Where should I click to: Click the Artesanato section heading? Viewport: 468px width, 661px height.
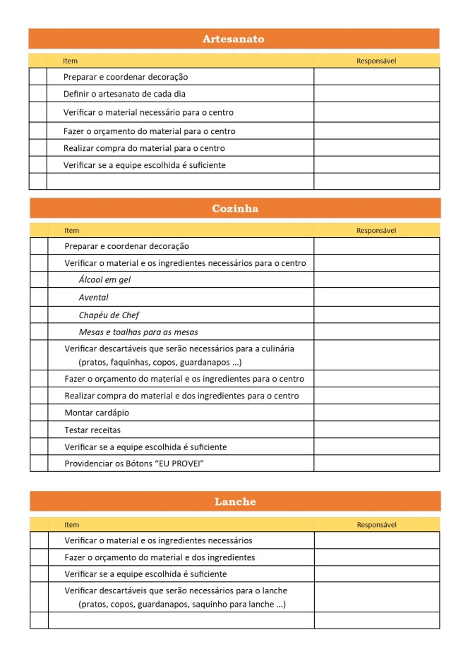click(x=233, y=39)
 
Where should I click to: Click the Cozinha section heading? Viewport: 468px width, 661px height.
click(x=234, y=208)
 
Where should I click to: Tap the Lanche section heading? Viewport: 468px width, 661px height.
click(x=234, y=502)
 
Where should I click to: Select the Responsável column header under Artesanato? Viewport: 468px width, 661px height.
click(x=376, y=61)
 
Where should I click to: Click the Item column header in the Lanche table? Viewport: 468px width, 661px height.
click(x=71, y=525)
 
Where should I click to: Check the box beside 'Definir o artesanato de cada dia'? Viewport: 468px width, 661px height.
click(x=37, y=94)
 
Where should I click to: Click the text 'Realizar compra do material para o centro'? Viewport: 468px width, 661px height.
click(x=144, y=148)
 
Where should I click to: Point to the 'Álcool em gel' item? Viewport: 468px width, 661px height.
click(x=104, y=280)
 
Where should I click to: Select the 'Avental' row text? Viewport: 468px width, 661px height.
click(x=93, y=297)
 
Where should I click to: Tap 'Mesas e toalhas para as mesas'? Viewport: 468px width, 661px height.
click(x=138, y=332)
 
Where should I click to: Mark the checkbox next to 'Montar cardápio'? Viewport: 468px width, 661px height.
click(x=38, y=413)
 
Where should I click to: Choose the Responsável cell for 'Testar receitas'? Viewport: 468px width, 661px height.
click(x=376, y=430)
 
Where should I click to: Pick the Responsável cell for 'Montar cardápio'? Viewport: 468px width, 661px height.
click(x=376, y=413)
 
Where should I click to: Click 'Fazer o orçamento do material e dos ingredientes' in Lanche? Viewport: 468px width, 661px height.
click(x=160, y=557)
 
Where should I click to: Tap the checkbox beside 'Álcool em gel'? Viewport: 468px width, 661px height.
click(x=38, y=280)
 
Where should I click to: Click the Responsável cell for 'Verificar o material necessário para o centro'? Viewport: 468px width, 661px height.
click(x=376, y=112)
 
